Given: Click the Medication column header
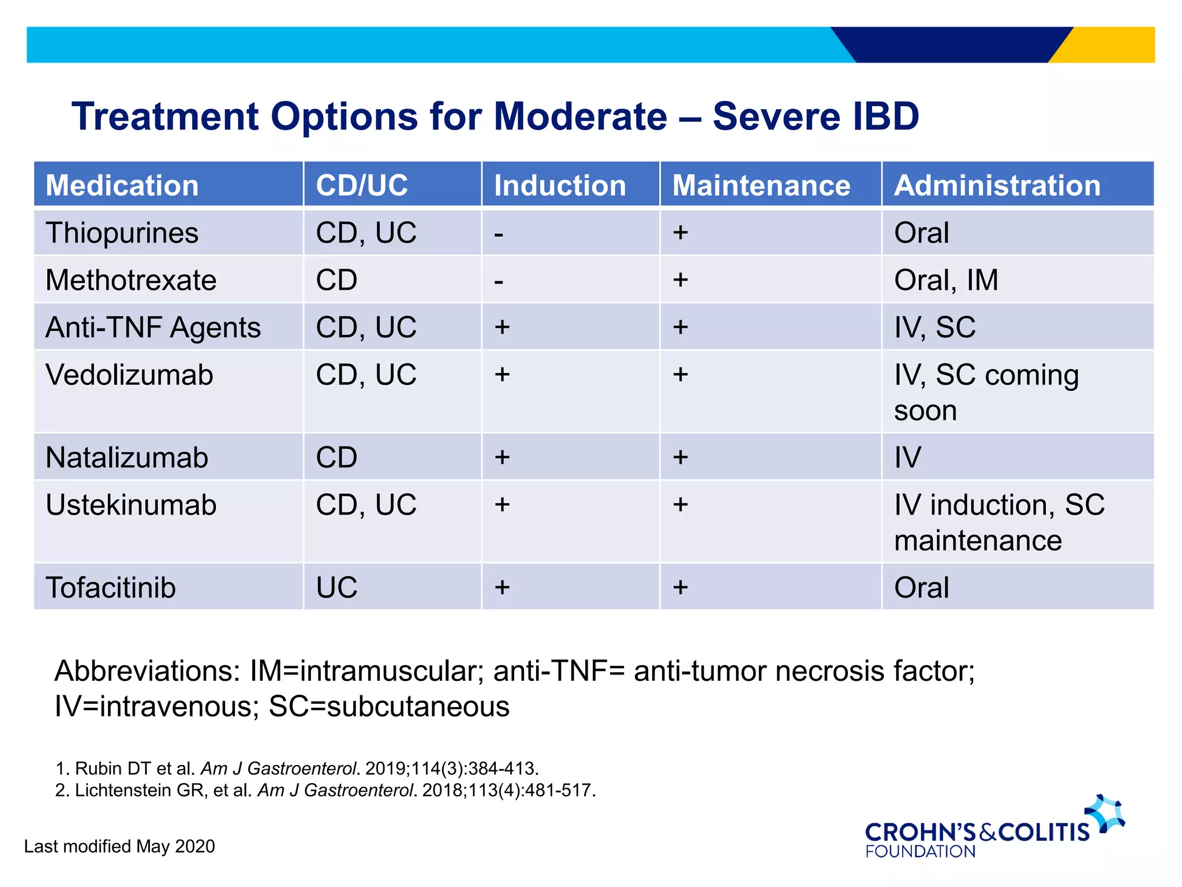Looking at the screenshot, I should pos(122,185).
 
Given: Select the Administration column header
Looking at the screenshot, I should pos(997,185).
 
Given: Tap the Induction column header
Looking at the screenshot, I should pos(559,185).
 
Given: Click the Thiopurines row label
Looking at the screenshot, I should pos(122,233).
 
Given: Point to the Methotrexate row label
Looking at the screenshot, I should pos(131,281).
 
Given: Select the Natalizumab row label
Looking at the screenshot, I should pos(126,457).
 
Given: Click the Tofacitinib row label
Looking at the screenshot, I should pos(111,588).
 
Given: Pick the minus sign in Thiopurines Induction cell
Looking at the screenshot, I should pos(499,234).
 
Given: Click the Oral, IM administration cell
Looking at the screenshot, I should pos(946,281).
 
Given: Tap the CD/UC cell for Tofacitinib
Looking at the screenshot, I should pos(336,588).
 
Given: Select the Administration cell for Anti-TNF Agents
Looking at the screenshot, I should pos(934,327).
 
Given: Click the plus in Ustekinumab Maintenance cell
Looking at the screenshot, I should pos(680,505).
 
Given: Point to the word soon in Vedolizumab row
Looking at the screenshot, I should pos(925,411).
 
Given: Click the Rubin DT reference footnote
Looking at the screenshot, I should pos(297,769).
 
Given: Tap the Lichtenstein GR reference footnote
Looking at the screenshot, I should pos(325,790).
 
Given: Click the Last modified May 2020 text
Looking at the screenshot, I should pos(119,847).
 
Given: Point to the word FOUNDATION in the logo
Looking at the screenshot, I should pos(920,852).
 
